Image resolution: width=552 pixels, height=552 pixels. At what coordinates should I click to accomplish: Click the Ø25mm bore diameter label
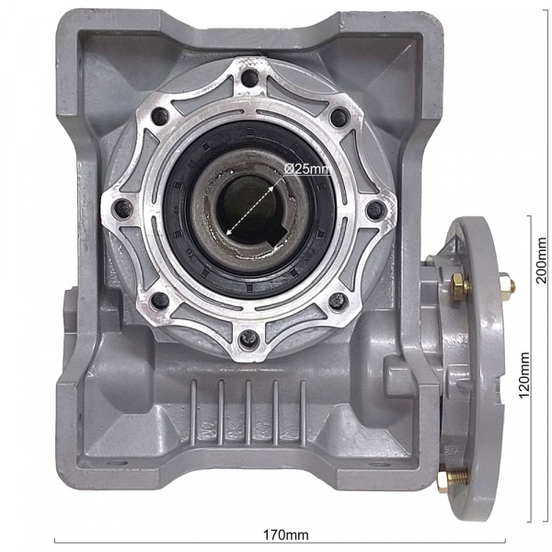click(x=307, y=169)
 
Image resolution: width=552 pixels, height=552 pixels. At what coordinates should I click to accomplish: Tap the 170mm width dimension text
click(x=286, y=535)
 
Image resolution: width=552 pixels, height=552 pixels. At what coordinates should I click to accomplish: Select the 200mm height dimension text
click(x=540, y=260)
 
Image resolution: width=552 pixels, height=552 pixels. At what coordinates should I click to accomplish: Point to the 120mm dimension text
click(x=524, y=375)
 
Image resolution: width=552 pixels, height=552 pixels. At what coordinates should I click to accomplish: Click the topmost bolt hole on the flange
click(x=250, y=78)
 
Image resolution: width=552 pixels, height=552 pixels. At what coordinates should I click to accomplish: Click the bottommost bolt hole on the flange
click(x=249, y=339)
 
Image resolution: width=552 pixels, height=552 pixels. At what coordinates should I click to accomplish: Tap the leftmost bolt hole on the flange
click(x=124, y=209)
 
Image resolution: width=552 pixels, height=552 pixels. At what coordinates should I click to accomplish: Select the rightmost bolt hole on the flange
click(x=376, y=210)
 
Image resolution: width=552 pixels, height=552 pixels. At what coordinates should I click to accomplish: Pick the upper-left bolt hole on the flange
click(x=160, y=116)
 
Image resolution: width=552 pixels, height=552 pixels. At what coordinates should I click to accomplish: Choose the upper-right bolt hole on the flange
click(x=340, y=118)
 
